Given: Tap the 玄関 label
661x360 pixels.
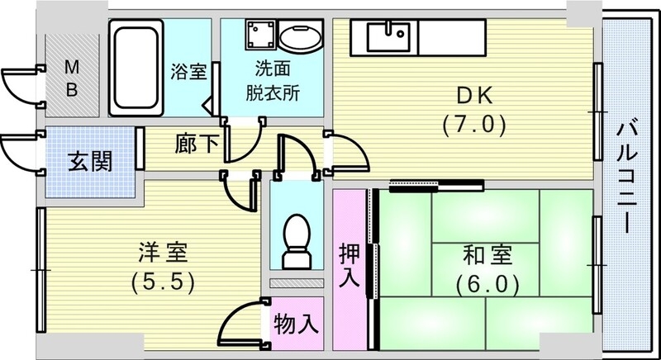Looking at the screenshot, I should tap(89, 160).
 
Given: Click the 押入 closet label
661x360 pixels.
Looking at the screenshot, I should tap(350, 264).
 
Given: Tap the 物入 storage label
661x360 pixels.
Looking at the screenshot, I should tap(296, 323).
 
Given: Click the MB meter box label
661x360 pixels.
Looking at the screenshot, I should tap(72, 78).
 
